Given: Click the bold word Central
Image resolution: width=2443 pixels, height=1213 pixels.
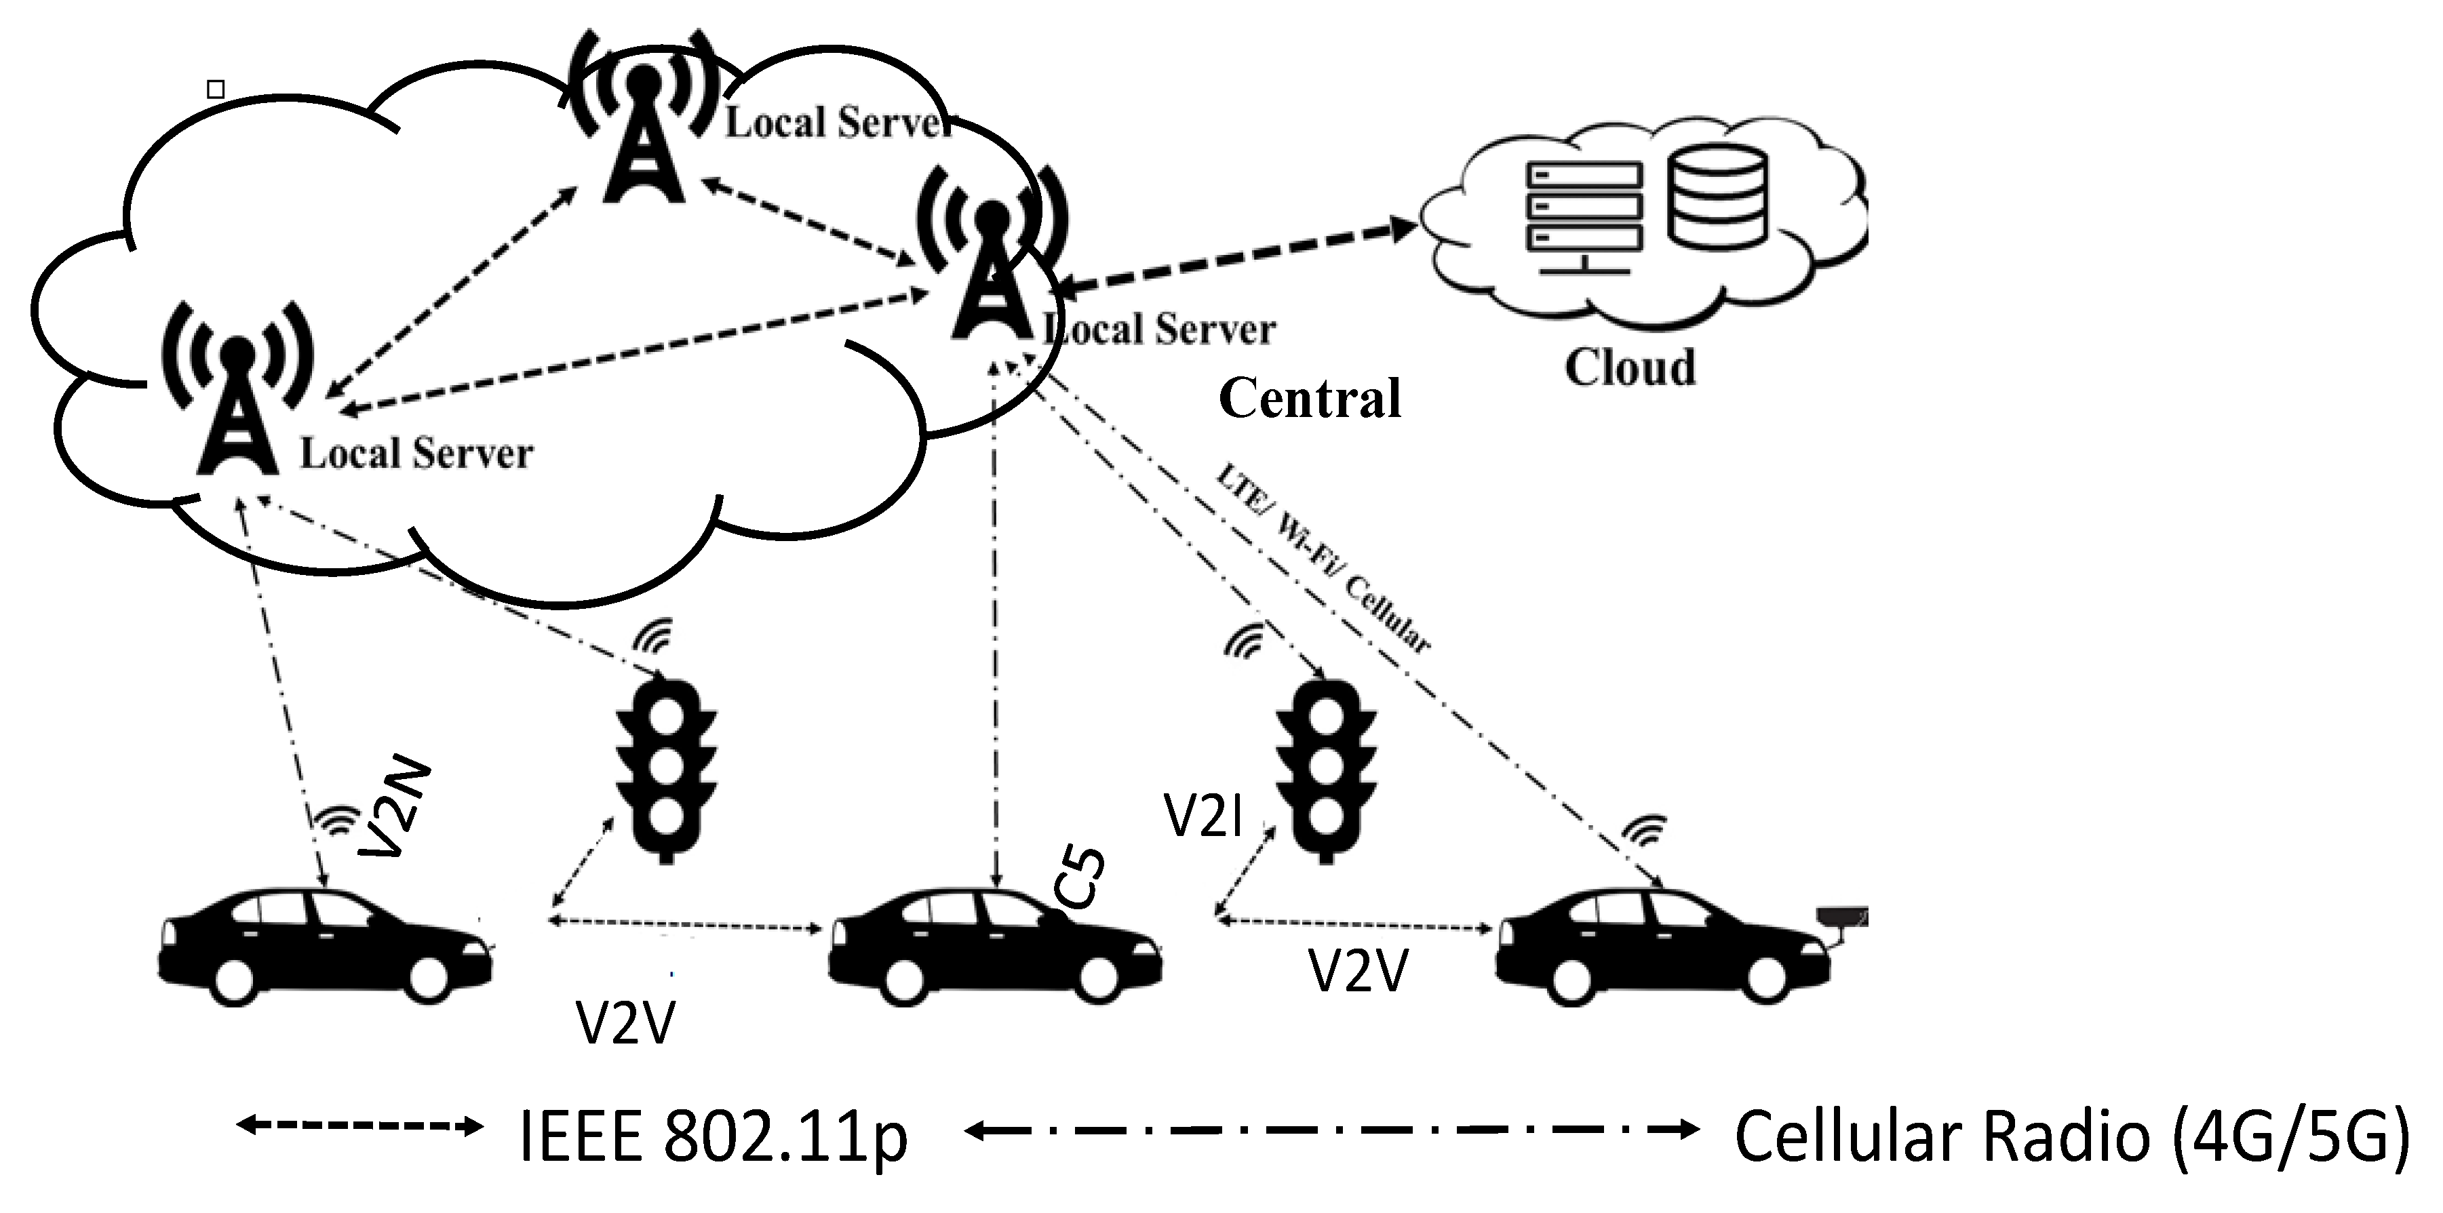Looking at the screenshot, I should click(1309, 398).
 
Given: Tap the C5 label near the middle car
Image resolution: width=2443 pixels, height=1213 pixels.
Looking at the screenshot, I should click(1081, 880).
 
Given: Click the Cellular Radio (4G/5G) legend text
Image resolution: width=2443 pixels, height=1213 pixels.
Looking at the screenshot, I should click(2072, 1136).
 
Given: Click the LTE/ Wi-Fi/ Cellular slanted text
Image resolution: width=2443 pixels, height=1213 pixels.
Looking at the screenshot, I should click(1323, 559).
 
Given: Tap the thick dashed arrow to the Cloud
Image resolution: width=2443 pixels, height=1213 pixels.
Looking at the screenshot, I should click(1233, 254).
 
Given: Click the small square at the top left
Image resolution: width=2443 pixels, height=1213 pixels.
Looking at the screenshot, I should click(215, 89).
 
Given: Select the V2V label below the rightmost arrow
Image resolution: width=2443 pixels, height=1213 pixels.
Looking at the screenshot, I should click(1358, 971).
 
